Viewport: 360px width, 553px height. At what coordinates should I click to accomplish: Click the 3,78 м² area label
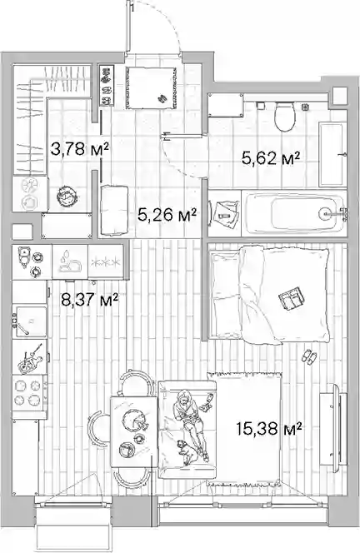[79, 149]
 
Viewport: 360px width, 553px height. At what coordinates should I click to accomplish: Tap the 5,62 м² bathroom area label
[271, 158]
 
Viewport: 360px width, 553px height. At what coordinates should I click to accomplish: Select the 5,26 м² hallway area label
[167, 214]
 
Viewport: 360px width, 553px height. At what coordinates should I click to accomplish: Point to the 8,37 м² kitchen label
[89, 300]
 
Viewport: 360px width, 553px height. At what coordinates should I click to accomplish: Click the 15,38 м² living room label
[269, 429]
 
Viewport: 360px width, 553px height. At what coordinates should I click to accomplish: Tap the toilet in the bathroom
[285, 117]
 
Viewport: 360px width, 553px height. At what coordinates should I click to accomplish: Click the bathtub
[292, 213]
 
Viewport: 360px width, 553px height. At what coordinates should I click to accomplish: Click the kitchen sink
[30, 321]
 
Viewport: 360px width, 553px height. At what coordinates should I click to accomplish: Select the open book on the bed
[292, 298]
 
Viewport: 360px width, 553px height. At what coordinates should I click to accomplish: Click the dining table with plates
[133, 431]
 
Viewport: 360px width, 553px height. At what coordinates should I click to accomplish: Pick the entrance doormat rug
[151, 88]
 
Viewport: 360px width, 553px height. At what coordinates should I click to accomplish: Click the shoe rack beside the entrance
[107, 86]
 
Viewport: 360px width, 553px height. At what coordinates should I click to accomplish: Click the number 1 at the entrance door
[132, 7]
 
